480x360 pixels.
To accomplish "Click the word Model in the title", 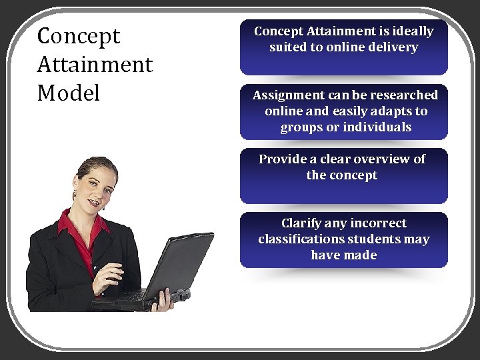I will coord(69,93).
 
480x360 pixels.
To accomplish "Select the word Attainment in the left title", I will coord(95,65).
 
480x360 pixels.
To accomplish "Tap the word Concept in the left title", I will coord(79,36).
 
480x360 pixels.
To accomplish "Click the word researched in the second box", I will coord(406,95).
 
